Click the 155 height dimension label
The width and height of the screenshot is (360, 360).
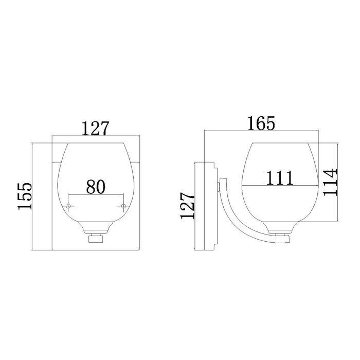point(24,196)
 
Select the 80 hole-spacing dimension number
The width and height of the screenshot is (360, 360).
point(96,186)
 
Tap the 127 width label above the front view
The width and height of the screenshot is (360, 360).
point(96,128)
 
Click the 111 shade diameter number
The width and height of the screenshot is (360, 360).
point(279,177)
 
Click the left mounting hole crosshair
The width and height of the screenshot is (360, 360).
point(69,206)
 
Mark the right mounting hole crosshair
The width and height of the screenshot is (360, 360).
point(123,206)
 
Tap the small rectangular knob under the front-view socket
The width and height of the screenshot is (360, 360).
point(96,239)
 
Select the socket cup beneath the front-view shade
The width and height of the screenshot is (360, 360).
point(96,227)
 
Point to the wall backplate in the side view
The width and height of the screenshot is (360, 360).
point(206,206)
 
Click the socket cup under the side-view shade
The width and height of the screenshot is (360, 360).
point(279,227)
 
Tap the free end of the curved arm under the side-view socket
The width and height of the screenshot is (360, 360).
point(288,240)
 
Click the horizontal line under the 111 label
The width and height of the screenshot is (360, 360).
point(279,185)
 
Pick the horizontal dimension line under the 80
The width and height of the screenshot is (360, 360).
point(96,194)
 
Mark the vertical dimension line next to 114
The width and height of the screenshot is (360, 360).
point(337,183)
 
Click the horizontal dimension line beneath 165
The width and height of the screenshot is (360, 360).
point(262,131)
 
